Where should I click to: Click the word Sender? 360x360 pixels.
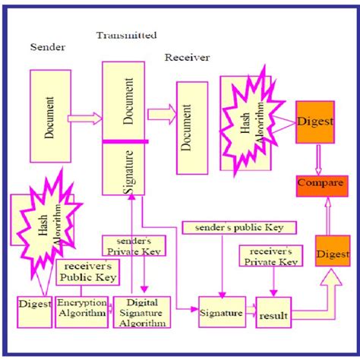(47, 47)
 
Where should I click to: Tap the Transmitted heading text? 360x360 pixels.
(126, 35)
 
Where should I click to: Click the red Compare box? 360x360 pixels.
(318, 185)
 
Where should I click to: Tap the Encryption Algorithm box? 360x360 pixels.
(81, 311)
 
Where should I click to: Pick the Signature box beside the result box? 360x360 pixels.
(220, 311)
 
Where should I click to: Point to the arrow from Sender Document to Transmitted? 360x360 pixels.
(84, 118)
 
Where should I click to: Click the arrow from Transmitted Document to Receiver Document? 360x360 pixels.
(161, 114)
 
